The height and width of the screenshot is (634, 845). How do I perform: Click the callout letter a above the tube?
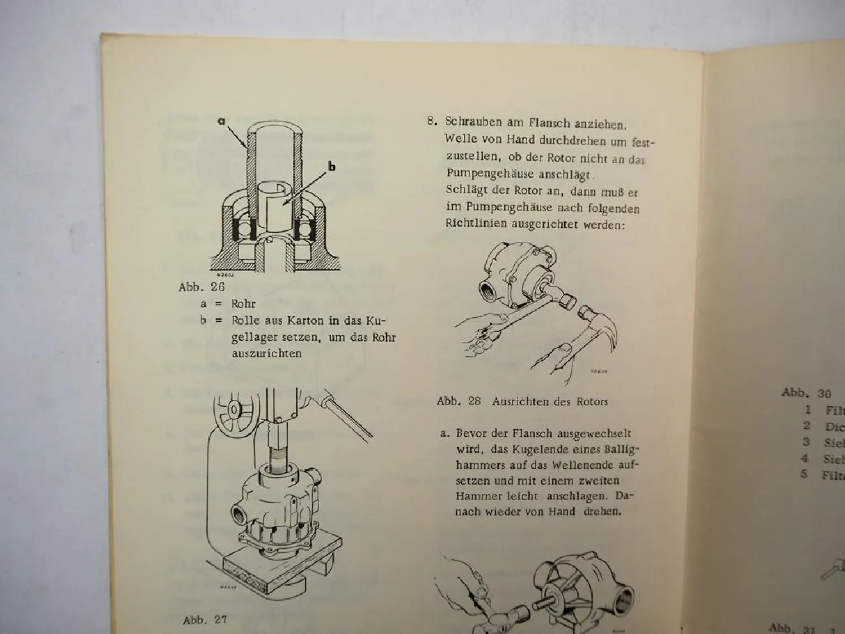[x=221, y=121]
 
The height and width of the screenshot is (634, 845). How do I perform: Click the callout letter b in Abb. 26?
[x=332, y=166]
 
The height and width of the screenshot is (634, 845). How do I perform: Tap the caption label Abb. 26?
[x=201, y=287]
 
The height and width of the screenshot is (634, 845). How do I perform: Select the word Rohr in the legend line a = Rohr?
[x=243, y=304]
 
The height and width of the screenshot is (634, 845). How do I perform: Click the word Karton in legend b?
[x=305, y=321]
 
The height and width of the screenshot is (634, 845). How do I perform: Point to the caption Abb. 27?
[x=204, y=620]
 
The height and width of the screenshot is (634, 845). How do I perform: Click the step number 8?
[x=432, y=121]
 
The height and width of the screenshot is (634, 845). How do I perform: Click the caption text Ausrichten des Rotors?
[x=550, y=402]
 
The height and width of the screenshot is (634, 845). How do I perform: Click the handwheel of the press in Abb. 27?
[x=233, y=408]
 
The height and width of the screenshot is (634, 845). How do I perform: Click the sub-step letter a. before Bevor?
[x=445, y=434]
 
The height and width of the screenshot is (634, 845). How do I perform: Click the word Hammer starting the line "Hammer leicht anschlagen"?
[x=475, y=496]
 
